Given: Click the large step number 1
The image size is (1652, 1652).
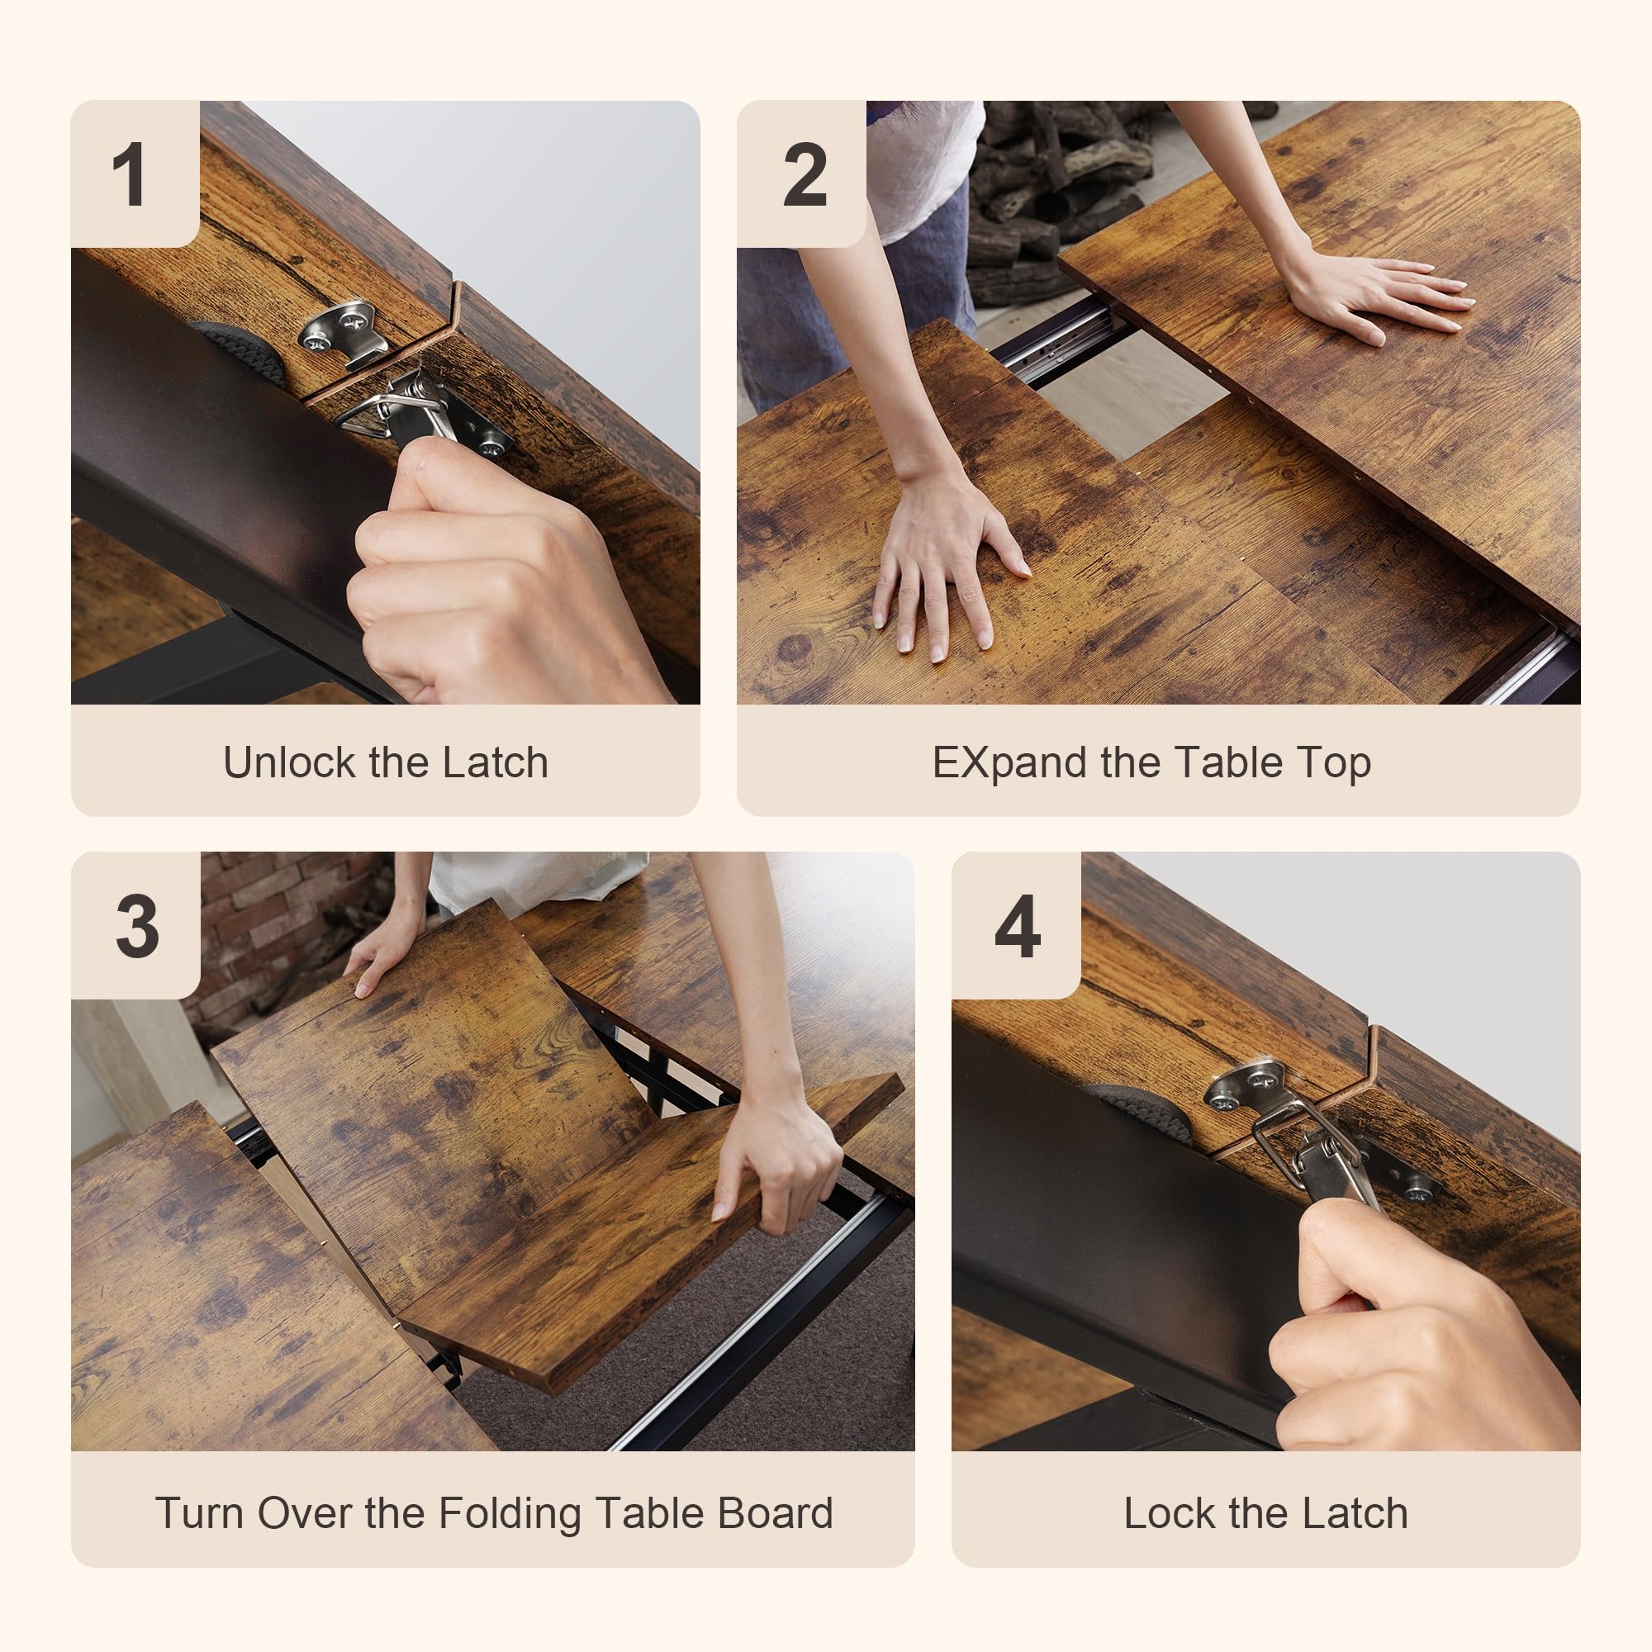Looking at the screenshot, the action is click(x=129, y=174).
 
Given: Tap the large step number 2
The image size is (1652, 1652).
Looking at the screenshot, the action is click(x=805, y=174).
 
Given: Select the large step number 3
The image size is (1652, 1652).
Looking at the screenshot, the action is click(x=137, y=926).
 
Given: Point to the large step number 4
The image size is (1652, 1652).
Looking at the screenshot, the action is click(x=1017, y=926).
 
